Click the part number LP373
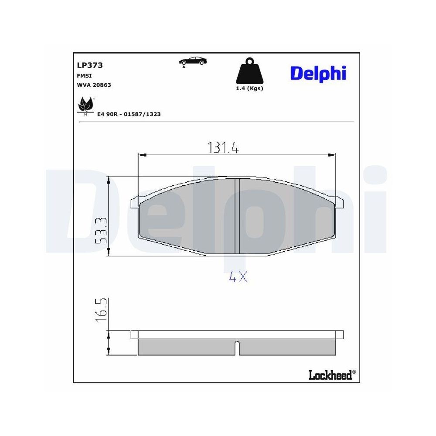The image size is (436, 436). point(89,65)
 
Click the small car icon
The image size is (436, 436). point(192,61)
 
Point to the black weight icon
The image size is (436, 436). point(249,72)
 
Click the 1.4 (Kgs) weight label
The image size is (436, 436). point(249,89)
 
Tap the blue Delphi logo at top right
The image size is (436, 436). point(318,73)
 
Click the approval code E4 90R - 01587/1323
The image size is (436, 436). point(129,114)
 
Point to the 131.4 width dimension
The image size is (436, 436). point(223,148)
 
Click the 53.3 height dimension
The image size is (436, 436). point(100,230)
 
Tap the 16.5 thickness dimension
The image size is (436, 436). point(100,310)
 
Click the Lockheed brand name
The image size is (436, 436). point(330,375)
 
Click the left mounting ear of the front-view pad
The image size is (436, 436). point(135,202)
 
